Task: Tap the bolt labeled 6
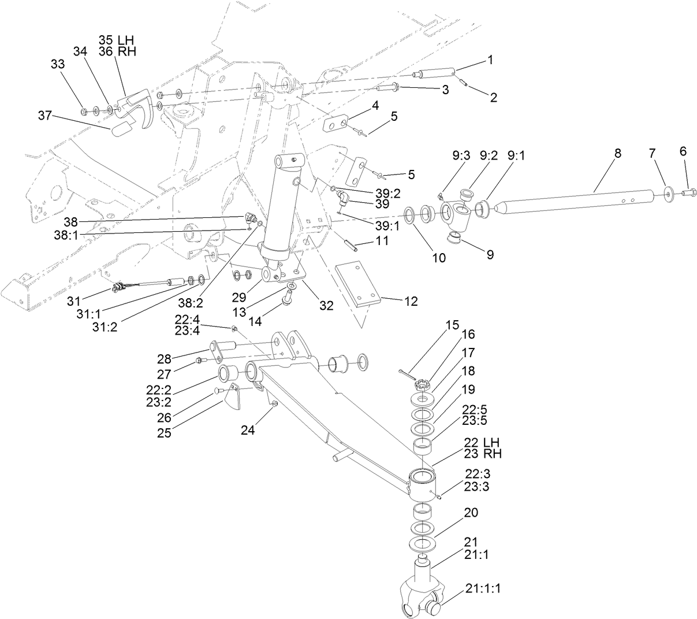tap(688, 193)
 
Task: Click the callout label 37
tap(45, 116)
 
